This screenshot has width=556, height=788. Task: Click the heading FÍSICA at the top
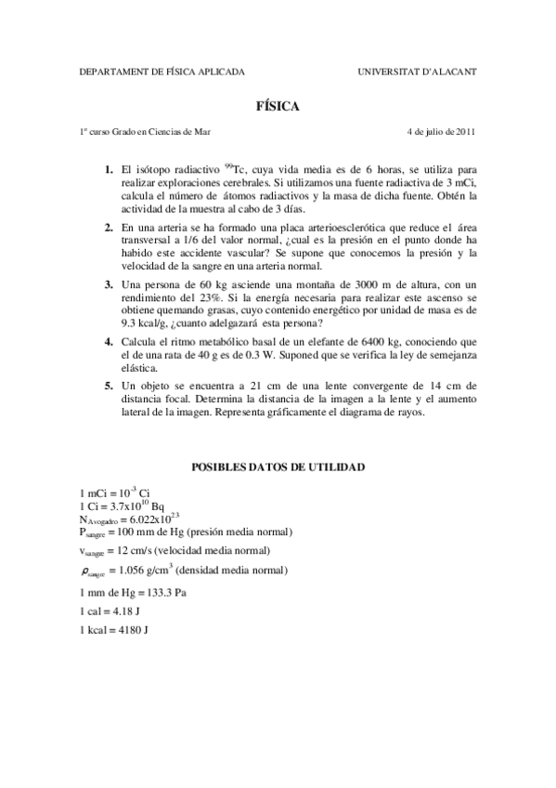pyautogui.click(x=278, y=107)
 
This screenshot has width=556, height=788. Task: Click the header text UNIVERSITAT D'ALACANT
pyautogui.click(x=417, y=71)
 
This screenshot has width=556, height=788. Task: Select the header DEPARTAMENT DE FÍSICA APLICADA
pyautogui.click(x=162, y=71)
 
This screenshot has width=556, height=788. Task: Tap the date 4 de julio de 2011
pyautogui.click(x=441, y=131)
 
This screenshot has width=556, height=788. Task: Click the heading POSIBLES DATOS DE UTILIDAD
pyautogui.click(x=278, y=466)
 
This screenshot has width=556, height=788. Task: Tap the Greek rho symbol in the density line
pyautogui.click(x=86, y=571)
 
